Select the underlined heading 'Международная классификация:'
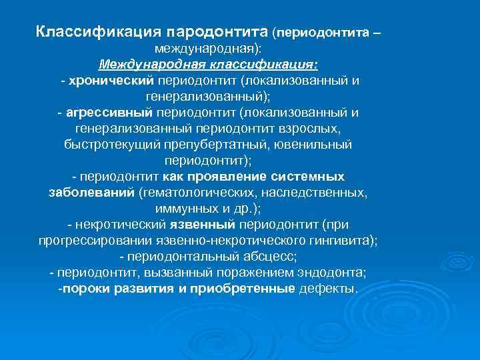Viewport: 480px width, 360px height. coord(208,65)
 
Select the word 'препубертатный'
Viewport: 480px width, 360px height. coord(225,145)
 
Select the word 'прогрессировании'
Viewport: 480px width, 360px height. coord(91,241)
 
